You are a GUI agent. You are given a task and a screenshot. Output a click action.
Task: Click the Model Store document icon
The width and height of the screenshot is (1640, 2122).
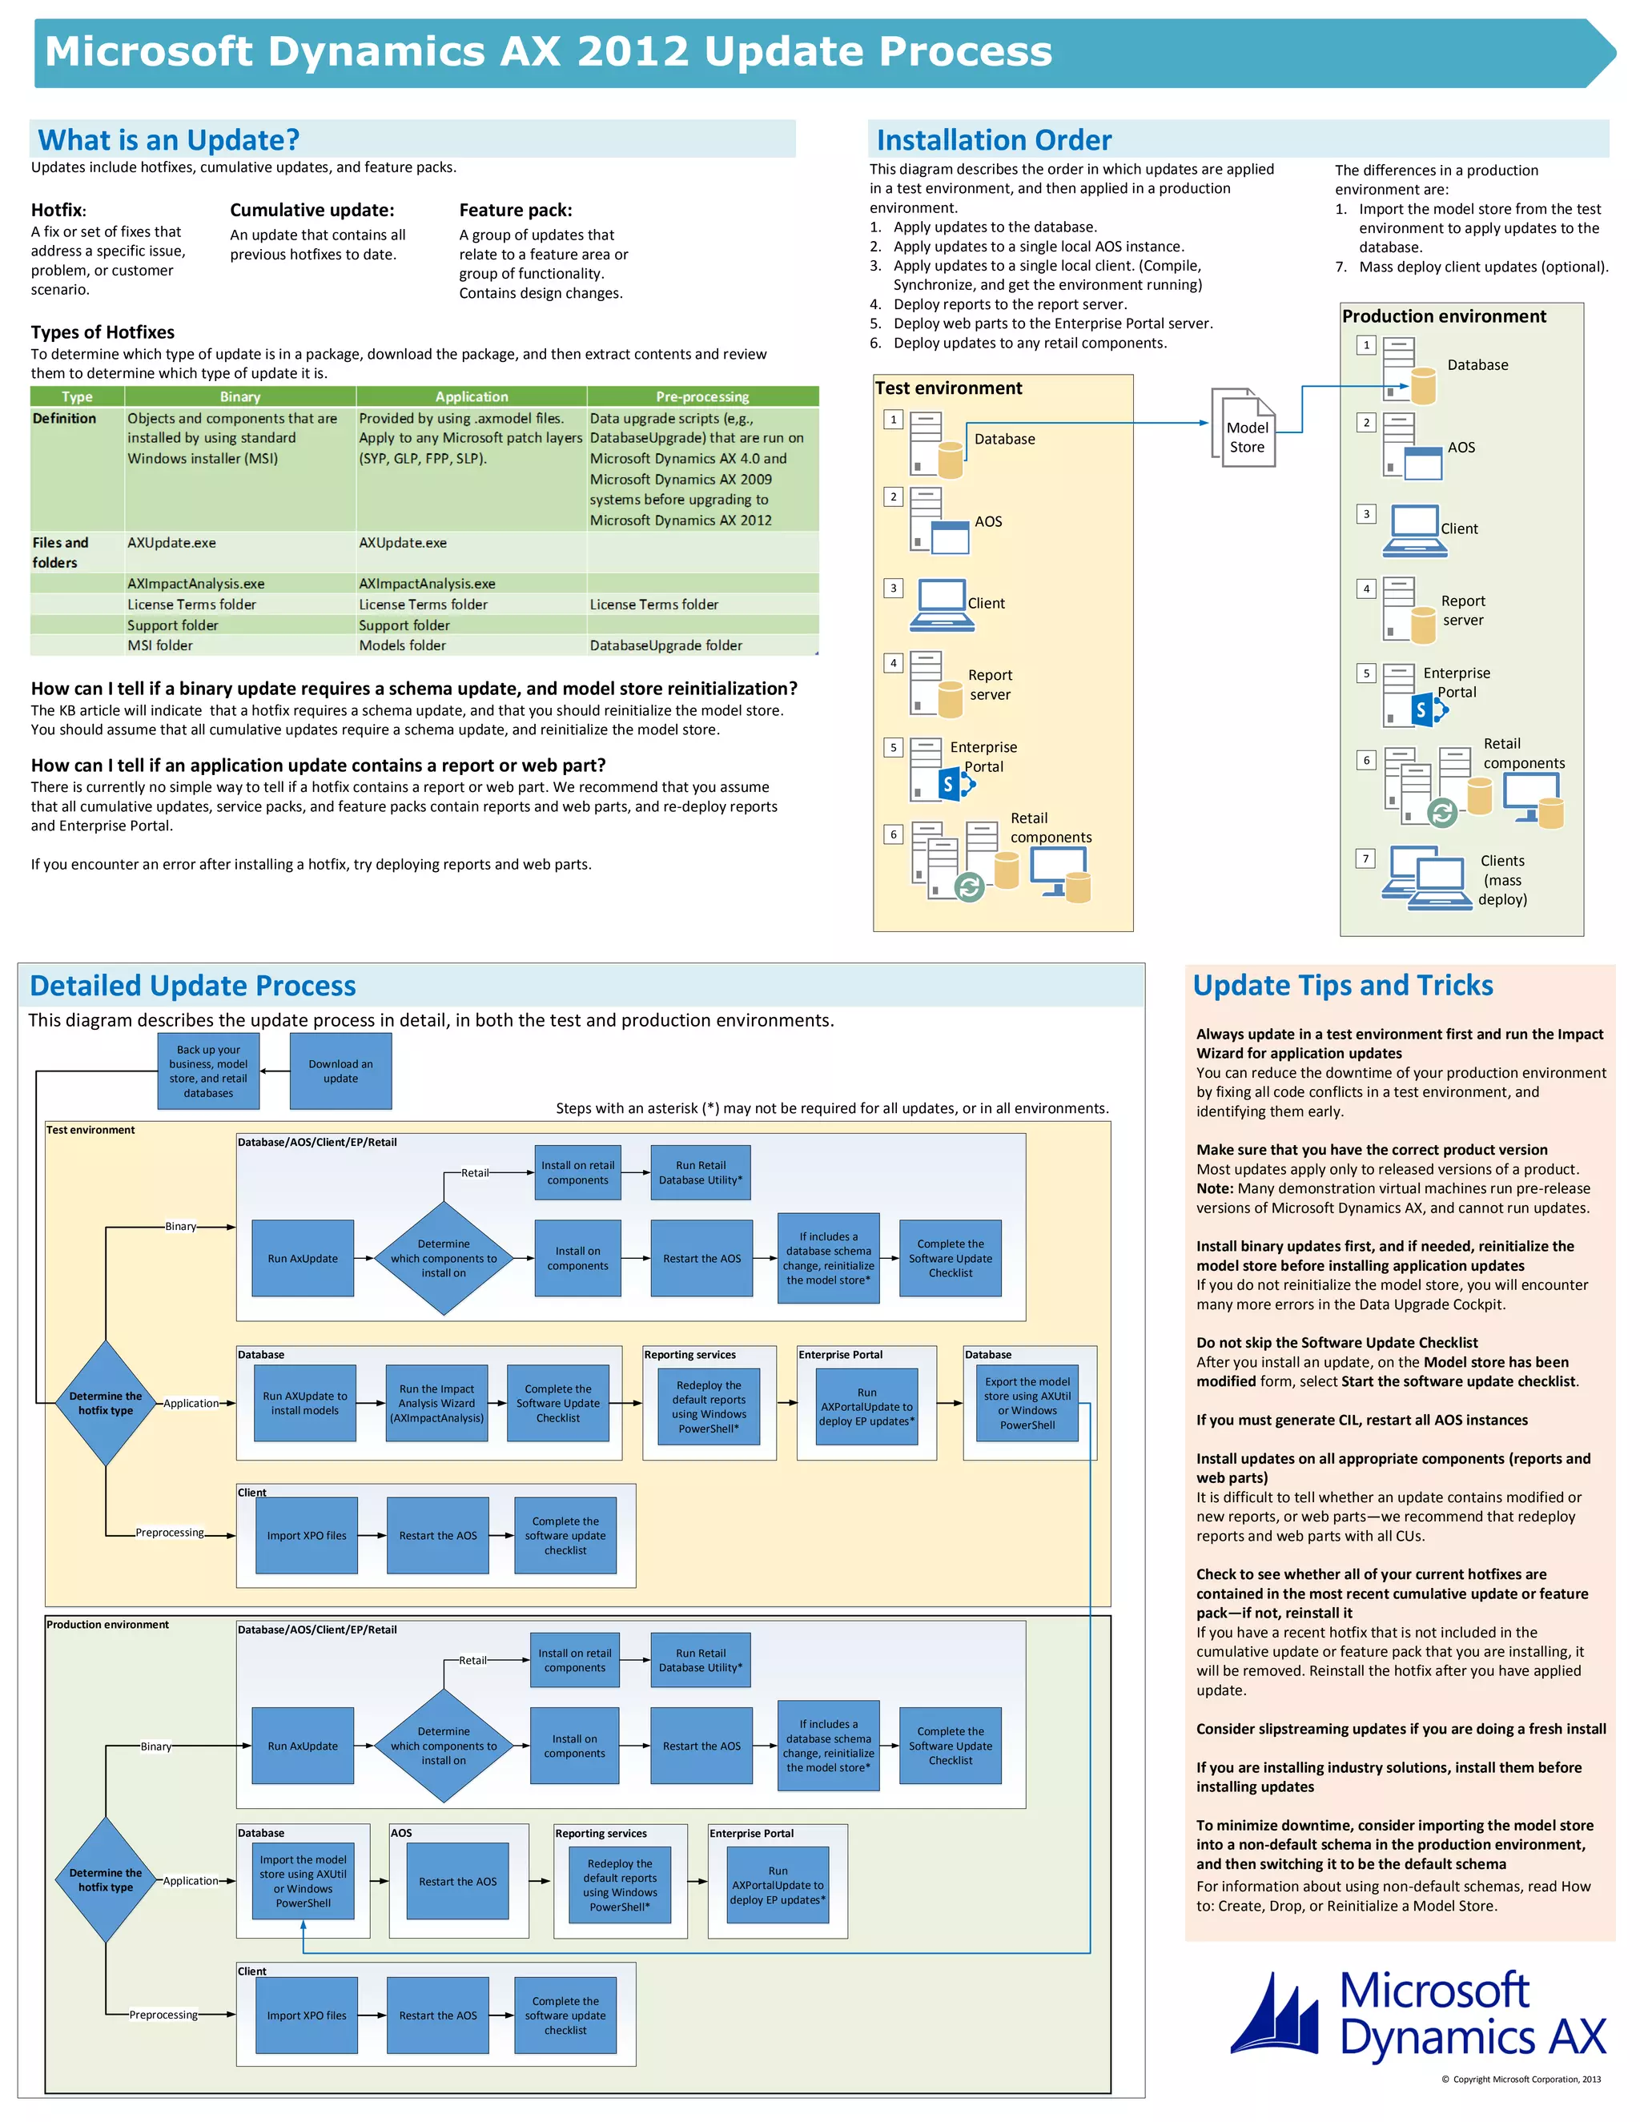click(x=1243, y=428)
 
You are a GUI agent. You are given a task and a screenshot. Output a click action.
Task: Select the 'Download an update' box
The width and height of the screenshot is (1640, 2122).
click(x=340, y=1071)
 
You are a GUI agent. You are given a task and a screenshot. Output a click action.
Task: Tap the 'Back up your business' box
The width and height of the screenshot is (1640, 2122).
click(x=208, y=1071)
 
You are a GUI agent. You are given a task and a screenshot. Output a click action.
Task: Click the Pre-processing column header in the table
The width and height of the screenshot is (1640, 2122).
click(x=701, y=396)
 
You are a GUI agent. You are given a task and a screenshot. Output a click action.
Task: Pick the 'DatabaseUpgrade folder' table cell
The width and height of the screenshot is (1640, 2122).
click(x=665, y=645)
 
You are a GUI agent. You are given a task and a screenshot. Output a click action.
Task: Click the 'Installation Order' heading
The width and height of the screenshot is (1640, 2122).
click(x=993, y=140)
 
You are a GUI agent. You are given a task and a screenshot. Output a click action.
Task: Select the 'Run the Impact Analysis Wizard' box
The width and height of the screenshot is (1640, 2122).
click(x=436, y=1403)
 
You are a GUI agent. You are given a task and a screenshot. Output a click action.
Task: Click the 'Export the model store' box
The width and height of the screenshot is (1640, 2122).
click(x=1027, y=1403)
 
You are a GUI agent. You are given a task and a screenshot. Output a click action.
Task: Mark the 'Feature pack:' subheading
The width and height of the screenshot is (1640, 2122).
click(x=515, y=210)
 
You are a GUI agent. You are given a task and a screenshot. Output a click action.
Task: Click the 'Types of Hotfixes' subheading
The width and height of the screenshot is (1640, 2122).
click(x=103, y=332)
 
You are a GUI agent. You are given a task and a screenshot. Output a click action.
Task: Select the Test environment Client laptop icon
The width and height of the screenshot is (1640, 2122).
click(x=939, y=605)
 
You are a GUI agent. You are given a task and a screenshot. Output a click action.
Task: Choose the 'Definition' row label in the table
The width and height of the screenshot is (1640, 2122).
click(x=64, y=419)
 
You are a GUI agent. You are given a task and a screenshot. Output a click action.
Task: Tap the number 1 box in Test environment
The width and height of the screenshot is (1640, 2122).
click(x=893, y=420)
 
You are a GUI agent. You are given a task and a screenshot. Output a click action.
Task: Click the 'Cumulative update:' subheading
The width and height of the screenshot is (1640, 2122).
click(x=312, y=210)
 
